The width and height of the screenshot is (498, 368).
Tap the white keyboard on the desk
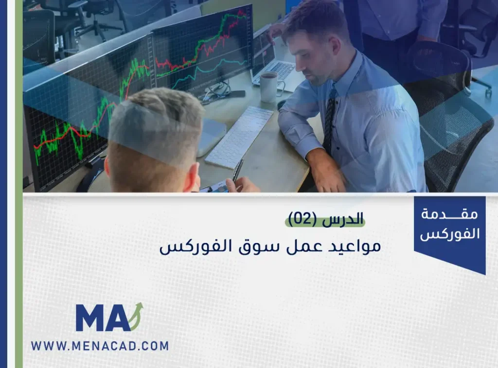pos(239,137)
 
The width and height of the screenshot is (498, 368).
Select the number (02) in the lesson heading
pos(302,219)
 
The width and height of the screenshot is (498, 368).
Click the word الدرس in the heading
pos(342,219)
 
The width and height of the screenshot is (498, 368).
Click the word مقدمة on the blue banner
pos(449,214)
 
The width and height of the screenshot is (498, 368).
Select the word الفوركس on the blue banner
pos(450,234)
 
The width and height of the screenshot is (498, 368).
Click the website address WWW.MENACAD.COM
pos(100,346)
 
